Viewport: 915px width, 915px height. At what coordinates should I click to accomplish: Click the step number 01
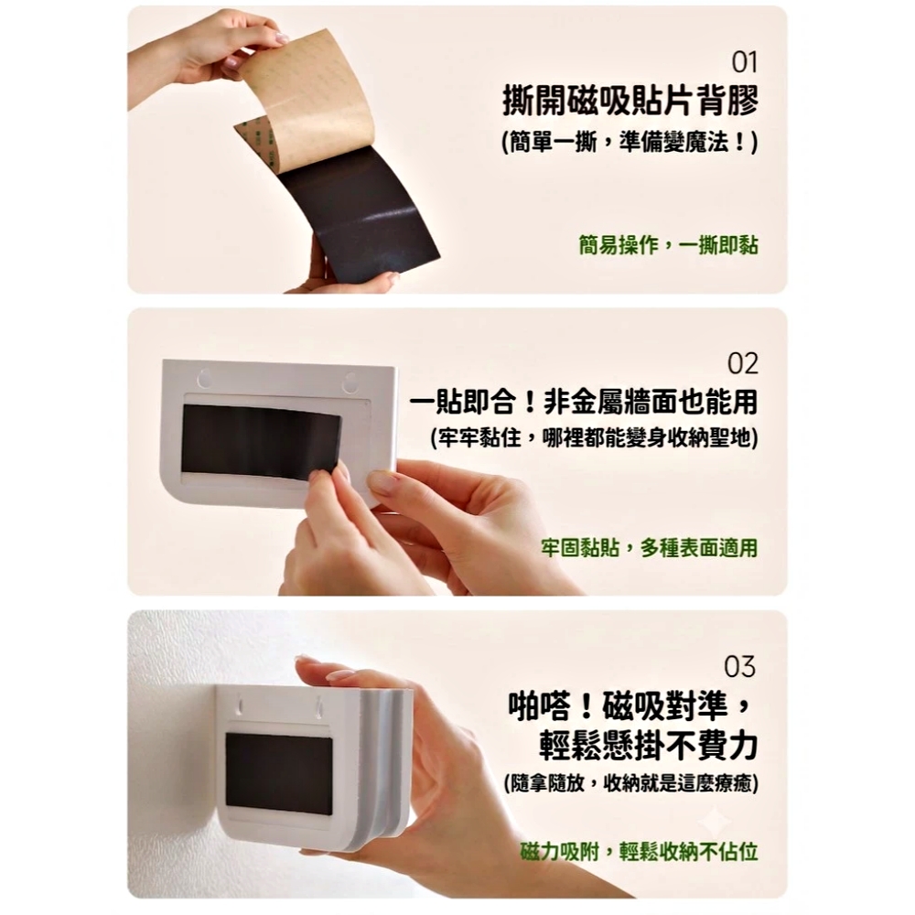pos(744,62)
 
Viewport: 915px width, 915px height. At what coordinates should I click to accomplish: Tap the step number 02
pos(742,363)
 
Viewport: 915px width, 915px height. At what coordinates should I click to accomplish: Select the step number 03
pos(739,666)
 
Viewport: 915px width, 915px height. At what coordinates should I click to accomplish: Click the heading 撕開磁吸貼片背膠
pos(630,101)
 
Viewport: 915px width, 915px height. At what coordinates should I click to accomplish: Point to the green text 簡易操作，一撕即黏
pos(668,245)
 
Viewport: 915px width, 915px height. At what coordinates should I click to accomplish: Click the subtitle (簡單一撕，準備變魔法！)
pos(630,142)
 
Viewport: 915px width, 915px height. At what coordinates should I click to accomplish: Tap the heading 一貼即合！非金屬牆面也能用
pos(584,402)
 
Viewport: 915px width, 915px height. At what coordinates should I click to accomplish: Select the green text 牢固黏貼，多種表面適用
pos(649,547)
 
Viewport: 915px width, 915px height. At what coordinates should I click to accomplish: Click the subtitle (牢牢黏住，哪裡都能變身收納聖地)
pos(594,438)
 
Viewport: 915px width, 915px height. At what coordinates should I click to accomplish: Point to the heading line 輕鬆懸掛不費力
pos(648,745)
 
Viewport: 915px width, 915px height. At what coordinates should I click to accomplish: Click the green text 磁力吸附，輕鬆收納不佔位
pos(639,851)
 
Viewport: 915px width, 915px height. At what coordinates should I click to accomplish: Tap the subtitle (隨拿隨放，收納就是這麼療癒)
pos(630,782)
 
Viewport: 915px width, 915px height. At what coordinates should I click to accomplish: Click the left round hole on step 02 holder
pos(205,378)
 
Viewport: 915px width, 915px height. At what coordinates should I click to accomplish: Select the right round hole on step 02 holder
pos(350,382)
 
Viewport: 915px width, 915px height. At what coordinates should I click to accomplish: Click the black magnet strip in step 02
pos(261,441)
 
